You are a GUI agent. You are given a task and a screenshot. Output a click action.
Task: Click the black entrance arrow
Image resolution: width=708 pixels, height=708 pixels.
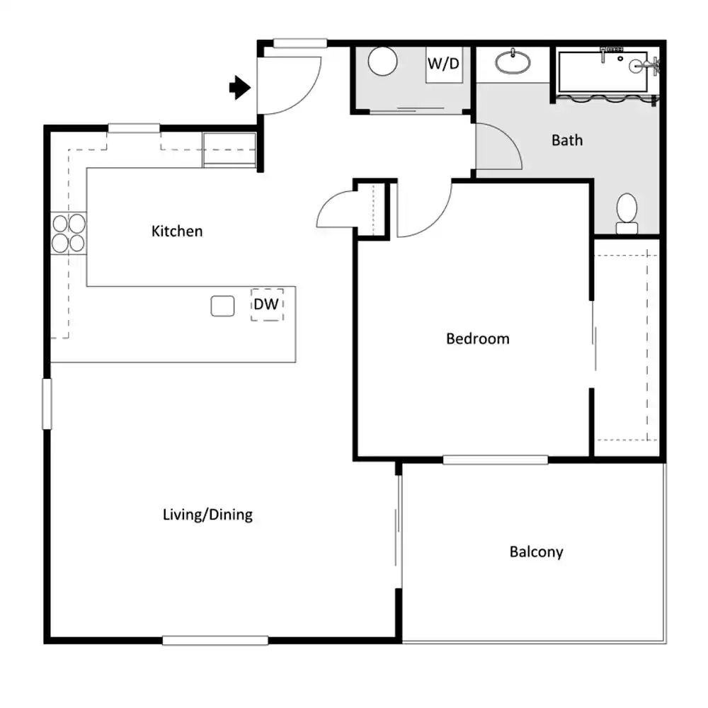click(240, 87)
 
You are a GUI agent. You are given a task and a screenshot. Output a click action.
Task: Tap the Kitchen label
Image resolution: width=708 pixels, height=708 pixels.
click(177, 232)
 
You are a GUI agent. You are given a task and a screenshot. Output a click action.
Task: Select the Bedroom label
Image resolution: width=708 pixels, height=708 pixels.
click(478, 338)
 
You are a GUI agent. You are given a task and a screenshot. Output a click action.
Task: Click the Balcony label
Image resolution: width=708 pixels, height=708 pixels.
click(537, 552)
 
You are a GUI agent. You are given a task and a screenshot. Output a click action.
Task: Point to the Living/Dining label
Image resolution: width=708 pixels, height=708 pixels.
click(207, 514)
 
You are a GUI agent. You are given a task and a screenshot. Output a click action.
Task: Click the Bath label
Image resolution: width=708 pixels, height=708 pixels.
click(567, 140)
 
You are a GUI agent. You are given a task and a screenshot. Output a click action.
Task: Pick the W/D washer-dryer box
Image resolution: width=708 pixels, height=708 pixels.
click(444, 64)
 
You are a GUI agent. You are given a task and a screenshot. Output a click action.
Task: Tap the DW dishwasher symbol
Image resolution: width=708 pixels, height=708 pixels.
click(267, 304)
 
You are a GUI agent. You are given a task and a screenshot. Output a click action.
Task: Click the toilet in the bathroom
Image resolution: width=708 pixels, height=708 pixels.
click(627, 214)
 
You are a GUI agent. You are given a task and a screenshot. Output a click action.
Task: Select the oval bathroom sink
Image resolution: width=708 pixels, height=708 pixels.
click(513, 62)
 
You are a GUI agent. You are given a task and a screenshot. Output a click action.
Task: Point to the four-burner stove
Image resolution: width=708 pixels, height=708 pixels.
click(69, 233)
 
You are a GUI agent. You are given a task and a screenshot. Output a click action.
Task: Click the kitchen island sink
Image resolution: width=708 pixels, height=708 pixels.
click(222, 306)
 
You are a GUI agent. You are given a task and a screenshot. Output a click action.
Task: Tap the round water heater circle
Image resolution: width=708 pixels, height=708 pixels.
click(382, 62)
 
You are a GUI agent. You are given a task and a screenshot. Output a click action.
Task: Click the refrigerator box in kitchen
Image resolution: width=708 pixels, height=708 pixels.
click(229, 149)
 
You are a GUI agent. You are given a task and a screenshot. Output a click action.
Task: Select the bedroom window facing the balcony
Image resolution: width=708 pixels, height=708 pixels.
click(496, 459)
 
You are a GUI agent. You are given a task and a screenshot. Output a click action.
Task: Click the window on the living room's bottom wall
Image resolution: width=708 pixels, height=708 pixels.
click(215, 640)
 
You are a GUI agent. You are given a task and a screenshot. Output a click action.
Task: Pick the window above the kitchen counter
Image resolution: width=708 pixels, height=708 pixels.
click(134, 128)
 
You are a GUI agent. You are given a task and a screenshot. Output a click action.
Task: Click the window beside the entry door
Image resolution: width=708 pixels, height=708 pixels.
click(300, 43)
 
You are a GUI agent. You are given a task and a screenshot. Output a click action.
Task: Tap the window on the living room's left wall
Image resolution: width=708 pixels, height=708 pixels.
click(47, 404)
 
